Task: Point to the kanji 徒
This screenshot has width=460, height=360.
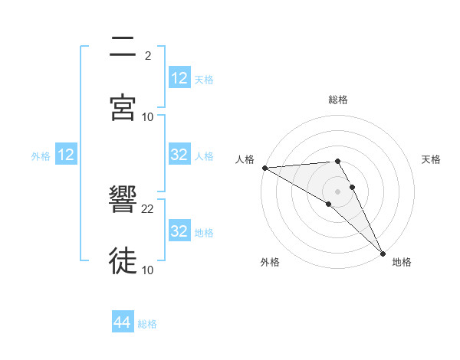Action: click(124, 261)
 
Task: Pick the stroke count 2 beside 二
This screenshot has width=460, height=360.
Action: click(148, 57)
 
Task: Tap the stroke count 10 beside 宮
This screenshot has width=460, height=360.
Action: click(148, 117)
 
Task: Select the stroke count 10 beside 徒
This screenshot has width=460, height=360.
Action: click(148, 270)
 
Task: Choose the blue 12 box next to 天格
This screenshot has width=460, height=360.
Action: click(179, 78)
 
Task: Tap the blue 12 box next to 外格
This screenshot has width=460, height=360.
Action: click(66, 155)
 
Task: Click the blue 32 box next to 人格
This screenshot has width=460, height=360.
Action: click(179, 155)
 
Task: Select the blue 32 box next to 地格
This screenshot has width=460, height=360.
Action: click(179, 231)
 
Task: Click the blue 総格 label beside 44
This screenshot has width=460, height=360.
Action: click(147, 324)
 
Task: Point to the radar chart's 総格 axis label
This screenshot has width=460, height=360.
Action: click(338, 100)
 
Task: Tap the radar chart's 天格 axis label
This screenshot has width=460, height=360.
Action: click(431, 159)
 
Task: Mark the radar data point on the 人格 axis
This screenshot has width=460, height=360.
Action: click(264, 168)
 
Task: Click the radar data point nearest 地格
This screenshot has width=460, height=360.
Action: click(383, 252)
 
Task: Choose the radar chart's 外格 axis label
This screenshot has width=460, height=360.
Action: click(270, 262)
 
